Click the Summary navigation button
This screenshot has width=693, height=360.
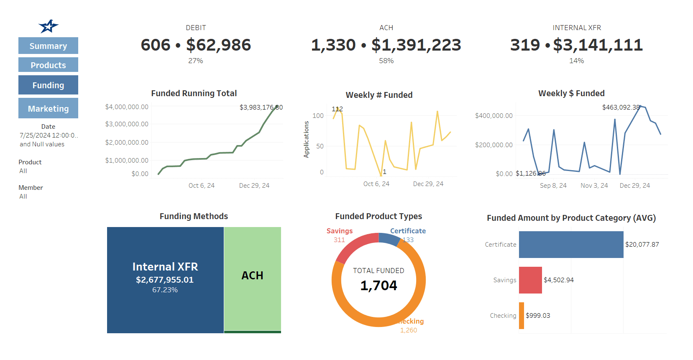(x=48, y=46)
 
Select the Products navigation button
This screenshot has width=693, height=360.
(x=48, y=65)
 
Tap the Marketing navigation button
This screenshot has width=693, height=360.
(x=48, y=109)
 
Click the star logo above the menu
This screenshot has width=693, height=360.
(x=49, y=26)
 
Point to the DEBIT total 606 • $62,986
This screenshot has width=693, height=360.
(x=196, y=45)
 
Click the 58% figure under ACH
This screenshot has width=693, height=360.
(x=386, y=61)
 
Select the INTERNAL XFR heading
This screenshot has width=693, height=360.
(x=576, y=28)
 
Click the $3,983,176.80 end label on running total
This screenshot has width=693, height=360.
(x=261, y=107)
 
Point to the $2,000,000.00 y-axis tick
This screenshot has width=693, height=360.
(x=127, y=142)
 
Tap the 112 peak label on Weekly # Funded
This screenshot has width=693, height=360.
(x=337, y=109)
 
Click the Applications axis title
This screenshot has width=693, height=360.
(x=306, y=139)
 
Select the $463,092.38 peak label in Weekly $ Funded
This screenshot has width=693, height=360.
(x=621, y=107)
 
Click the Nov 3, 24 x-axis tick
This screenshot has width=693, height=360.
(x=594, y=185)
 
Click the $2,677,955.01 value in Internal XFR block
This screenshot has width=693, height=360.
(x=165, y=280)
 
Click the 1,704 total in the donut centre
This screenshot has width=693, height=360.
(x=378, y=286)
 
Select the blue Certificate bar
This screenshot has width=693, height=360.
(x=571, y=245)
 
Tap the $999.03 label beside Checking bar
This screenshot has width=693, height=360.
(x=538, y=316)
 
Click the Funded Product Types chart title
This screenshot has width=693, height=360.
(x=378, y=216)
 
